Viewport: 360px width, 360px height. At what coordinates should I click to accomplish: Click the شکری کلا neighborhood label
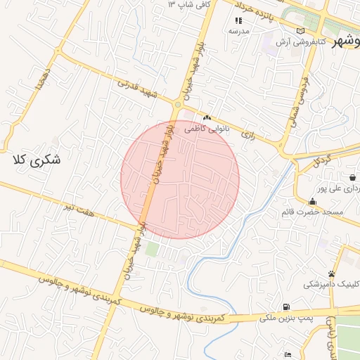[37, 160]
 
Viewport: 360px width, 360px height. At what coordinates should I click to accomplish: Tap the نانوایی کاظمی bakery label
[207, 129]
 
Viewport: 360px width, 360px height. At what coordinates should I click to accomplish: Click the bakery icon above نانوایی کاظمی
[207, 118]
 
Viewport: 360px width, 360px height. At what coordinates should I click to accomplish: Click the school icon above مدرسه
[238, 20]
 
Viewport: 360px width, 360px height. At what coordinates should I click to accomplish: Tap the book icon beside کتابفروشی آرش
[301, 31]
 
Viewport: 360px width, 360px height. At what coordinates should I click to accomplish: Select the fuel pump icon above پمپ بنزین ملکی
[286, 306]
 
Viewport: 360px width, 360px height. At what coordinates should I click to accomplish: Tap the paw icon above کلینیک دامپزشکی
[331, 273]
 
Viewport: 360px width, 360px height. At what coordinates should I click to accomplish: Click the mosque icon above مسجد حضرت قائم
[311, 200]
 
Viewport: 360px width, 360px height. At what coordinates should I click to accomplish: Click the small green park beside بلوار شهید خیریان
[152, 248]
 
